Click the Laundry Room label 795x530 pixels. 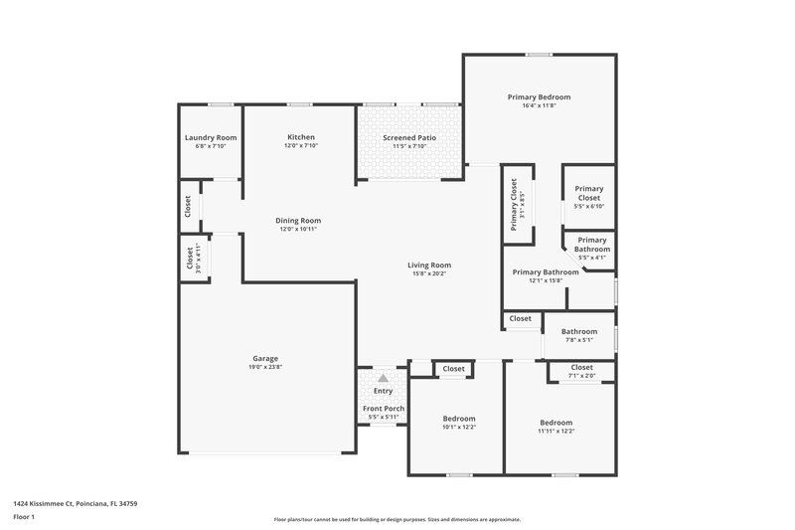[x=211, y=137]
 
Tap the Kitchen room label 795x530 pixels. [x=301, y=137]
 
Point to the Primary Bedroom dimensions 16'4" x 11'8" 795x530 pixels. [x=539, y=106]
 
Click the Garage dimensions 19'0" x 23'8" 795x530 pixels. [x=264, y=367]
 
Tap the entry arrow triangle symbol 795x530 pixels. [x=383, y=378]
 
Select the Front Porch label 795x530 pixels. [x=383, y=409]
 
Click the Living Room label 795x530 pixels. [x=429, y=265]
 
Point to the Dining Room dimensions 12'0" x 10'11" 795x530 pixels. [x=298, y=230]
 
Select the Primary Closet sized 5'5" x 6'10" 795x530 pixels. [x=588, y=197]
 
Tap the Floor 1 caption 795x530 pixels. [x=24, y=517]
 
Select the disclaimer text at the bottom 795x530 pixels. [x=397, y=519]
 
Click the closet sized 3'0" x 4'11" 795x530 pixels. [x=194, y=258]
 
